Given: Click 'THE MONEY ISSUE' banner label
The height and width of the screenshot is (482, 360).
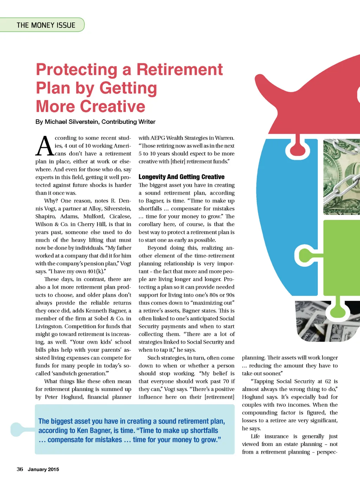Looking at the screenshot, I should (46, 25).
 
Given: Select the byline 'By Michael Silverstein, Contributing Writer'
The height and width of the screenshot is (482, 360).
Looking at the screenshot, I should (95, 122).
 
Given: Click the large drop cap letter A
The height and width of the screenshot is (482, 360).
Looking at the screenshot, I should (45, 146).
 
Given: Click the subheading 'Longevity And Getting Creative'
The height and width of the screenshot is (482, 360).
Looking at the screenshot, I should (181, 177).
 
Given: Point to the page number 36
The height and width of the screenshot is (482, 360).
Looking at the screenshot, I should (20, 469).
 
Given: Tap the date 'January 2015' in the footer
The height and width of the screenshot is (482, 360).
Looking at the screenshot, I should (43, 469).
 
